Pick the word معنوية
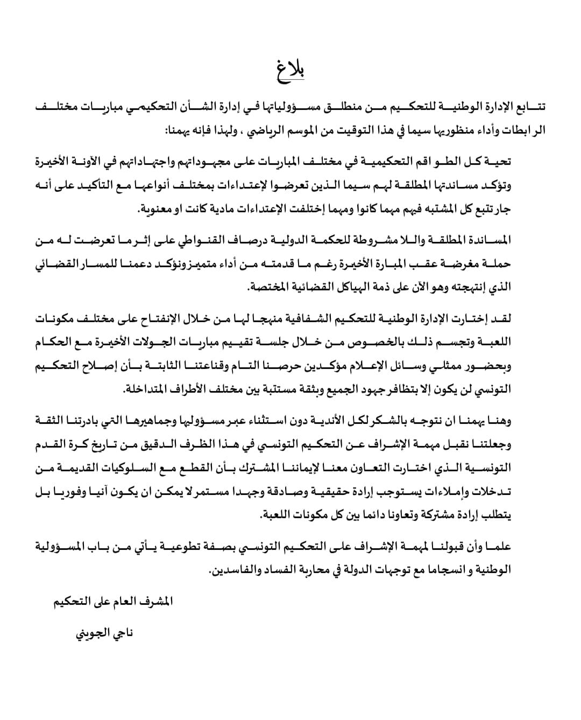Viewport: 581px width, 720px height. [x=156, y=209]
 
